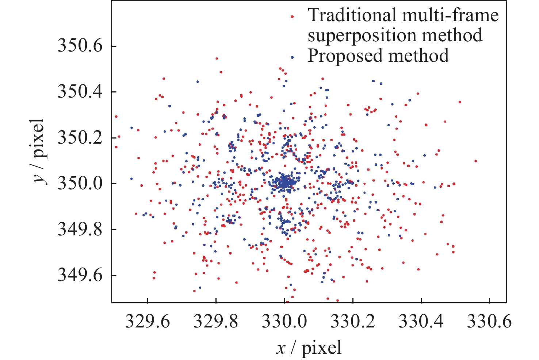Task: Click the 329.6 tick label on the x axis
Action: point(148,322)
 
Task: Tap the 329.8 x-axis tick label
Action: point(216,322)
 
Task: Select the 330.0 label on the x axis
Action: point(284,322)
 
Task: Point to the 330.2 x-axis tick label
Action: point(353,322)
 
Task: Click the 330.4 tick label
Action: point(421,322)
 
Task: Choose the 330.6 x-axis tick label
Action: point(489,322)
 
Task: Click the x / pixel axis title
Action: point(309,348)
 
